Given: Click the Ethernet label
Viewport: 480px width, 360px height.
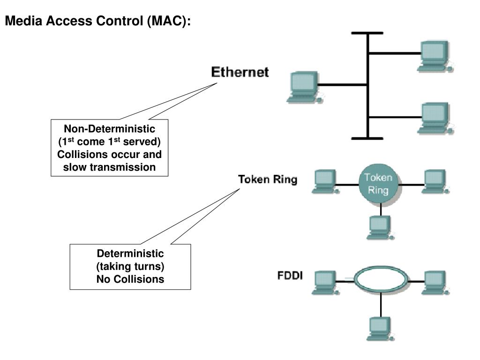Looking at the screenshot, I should pyautogui.click(x=240, y=73).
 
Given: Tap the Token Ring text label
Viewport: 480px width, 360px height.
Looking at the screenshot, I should pyautogui.click(x=268, y=180).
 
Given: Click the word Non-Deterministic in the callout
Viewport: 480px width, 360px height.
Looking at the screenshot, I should pyautogui.click(x=109, y=129).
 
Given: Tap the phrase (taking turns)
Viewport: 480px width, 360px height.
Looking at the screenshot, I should pyautogui.click(x=130, y=267).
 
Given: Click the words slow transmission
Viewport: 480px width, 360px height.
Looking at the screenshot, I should pyautogui.click(x=109, y=167).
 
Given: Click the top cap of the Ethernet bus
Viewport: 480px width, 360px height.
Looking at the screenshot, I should pyautogui.click(x=367, y=33).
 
